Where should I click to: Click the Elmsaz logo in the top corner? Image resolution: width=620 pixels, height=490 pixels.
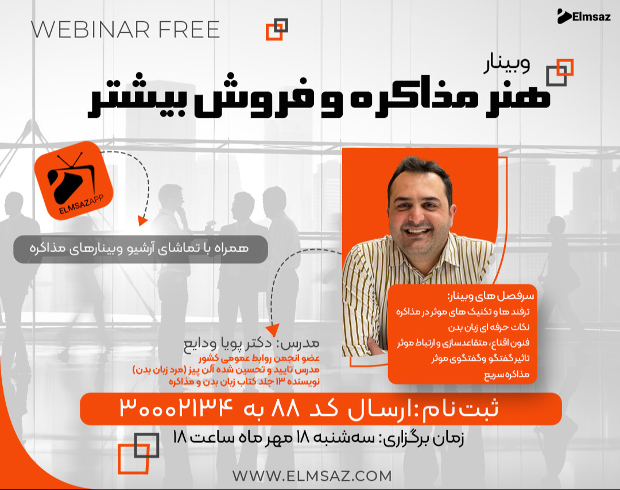(580, 16)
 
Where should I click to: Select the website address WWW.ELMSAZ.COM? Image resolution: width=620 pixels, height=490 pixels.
(312, 476)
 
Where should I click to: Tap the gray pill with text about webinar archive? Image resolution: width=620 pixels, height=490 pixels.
(141, 249)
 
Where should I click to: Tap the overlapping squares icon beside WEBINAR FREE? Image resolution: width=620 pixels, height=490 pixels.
(277, 29)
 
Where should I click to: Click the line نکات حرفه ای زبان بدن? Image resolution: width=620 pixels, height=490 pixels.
(494, 327)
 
